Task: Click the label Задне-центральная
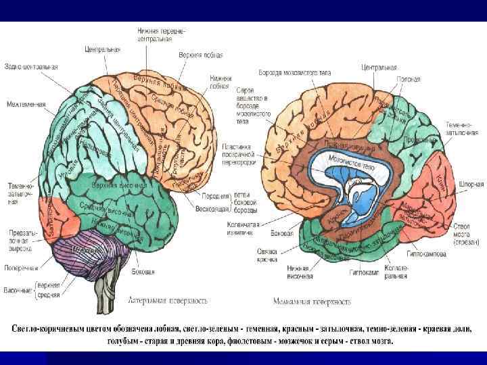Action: (x=31, y=66)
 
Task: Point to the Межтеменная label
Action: (x=26, y=104)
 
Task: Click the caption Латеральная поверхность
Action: (x=168, y=299)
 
